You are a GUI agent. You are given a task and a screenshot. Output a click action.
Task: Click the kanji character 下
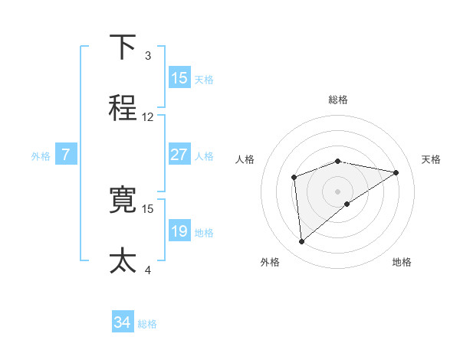click(123, 47)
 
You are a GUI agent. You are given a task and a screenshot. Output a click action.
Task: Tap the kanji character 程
click(123, 108)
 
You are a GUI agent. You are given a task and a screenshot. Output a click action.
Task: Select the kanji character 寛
click(123, 200)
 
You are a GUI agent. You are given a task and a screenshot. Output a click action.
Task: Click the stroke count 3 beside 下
click(148, 56)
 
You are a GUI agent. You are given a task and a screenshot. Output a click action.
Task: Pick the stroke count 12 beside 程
click(148, 117)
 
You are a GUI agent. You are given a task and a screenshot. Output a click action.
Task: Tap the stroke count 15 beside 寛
click(148, 208)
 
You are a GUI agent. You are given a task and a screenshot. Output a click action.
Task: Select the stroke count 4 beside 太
click(148, 270)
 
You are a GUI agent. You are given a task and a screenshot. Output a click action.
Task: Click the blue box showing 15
click(179, 78)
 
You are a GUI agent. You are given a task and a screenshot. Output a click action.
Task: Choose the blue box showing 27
click(179, 154)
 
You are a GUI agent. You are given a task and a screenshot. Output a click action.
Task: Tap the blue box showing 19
click(179, 231)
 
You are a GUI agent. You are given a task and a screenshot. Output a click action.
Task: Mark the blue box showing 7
click(67, 154)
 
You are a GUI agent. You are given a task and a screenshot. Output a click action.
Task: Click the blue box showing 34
click(123, 322)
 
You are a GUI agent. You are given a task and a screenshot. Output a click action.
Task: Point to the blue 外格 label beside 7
click(41, 155)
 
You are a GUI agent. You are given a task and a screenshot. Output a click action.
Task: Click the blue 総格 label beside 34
click(148, 324)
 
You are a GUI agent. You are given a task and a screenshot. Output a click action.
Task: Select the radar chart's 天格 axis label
click(431, 159)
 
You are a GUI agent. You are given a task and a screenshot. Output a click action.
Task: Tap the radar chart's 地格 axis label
click(402, 262)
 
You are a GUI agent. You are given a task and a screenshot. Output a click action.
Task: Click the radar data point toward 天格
click(396, 172)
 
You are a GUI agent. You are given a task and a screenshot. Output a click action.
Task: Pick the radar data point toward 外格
click(302, 242)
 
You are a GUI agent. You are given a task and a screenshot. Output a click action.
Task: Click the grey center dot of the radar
click(338, 191)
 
